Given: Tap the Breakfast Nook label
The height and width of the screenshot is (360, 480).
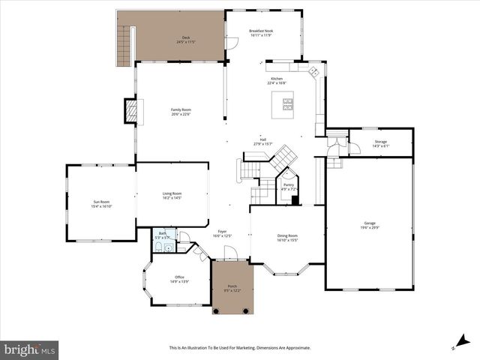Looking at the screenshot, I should (x=267, y=31).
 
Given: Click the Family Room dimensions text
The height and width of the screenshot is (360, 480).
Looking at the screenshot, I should (x=181, y=114).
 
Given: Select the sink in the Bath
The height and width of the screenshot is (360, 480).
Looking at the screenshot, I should (x=169, y=247).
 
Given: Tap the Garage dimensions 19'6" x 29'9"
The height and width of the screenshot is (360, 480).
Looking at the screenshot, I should (x=370, y=226).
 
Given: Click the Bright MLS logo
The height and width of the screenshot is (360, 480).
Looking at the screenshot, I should (x=30, y=349).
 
